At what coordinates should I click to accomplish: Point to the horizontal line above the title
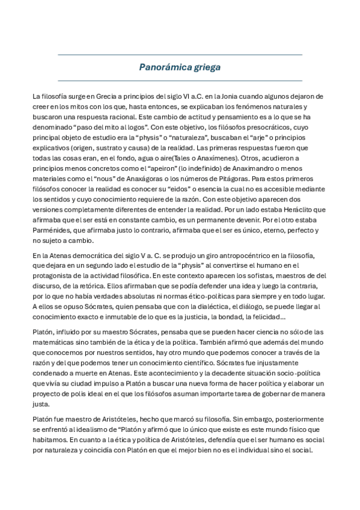click(180, 55)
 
